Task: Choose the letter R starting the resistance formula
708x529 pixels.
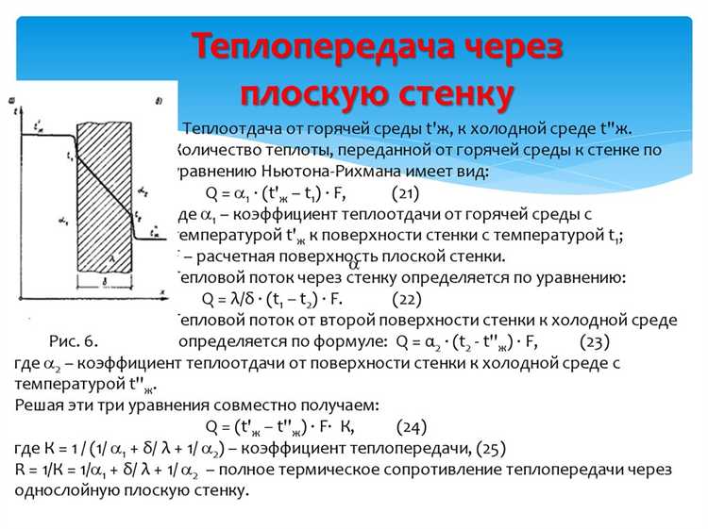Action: pyautogui.click(x=21, y=470)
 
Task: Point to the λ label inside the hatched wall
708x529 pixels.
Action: pyautogui.click(x=112, y=256)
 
